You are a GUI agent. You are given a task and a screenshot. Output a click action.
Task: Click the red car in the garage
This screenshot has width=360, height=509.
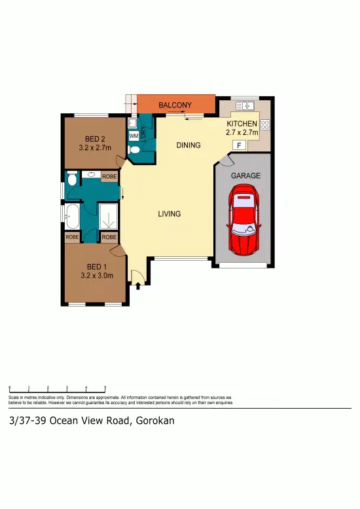point(243,219)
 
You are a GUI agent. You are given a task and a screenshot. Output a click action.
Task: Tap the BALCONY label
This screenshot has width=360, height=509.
point(175,105)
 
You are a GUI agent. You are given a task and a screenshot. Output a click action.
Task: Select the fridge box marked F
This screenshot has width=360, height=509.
point(240,145)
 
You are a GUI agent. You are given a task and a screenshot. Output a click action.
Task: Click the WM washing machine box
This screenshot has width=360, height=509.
point(133,136)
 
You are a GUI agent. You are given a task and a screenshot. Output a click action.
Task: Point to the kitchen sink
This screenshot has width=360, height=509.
point(246,105)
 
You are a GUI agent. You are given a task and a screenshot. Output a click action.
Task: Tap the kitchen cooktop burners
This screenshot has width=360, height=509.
point(265,125)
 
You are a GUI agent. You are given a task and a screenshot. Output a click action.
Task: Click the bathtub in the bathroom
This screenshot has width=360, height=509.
point(72,214)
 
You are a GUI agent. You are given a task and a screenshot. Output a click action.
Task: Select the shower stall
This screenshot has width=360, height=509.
point(109,214)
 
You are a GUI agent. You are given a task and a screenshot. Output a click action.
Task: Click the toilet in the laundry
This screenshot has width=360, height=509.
point(135,149)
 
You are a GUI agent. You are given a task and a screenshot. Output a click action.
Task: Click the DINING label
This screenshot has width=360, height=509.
point(189,145)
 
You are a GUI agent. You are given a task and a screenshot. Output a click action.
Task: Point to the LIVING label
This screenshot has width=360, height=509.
point(169,214)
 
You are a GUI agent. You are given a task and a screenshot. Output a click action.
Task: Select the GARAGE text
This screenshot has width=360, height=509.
point(246,176)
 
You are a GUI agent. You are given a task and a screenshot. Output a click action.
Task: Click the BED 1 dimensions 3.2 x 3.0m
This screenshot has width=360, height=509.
point(96,276)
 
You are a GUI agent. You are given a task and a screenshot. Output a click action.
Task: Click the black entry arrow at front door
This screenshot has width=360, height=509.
point(138,284)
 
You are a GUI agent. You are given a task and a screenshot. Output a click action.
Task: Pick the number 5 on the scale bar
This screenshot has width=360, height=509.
point(105,388)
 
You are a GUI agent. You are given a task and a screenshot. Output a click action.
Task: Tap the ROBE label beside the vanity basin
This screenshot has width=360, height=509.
point(109,177)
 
